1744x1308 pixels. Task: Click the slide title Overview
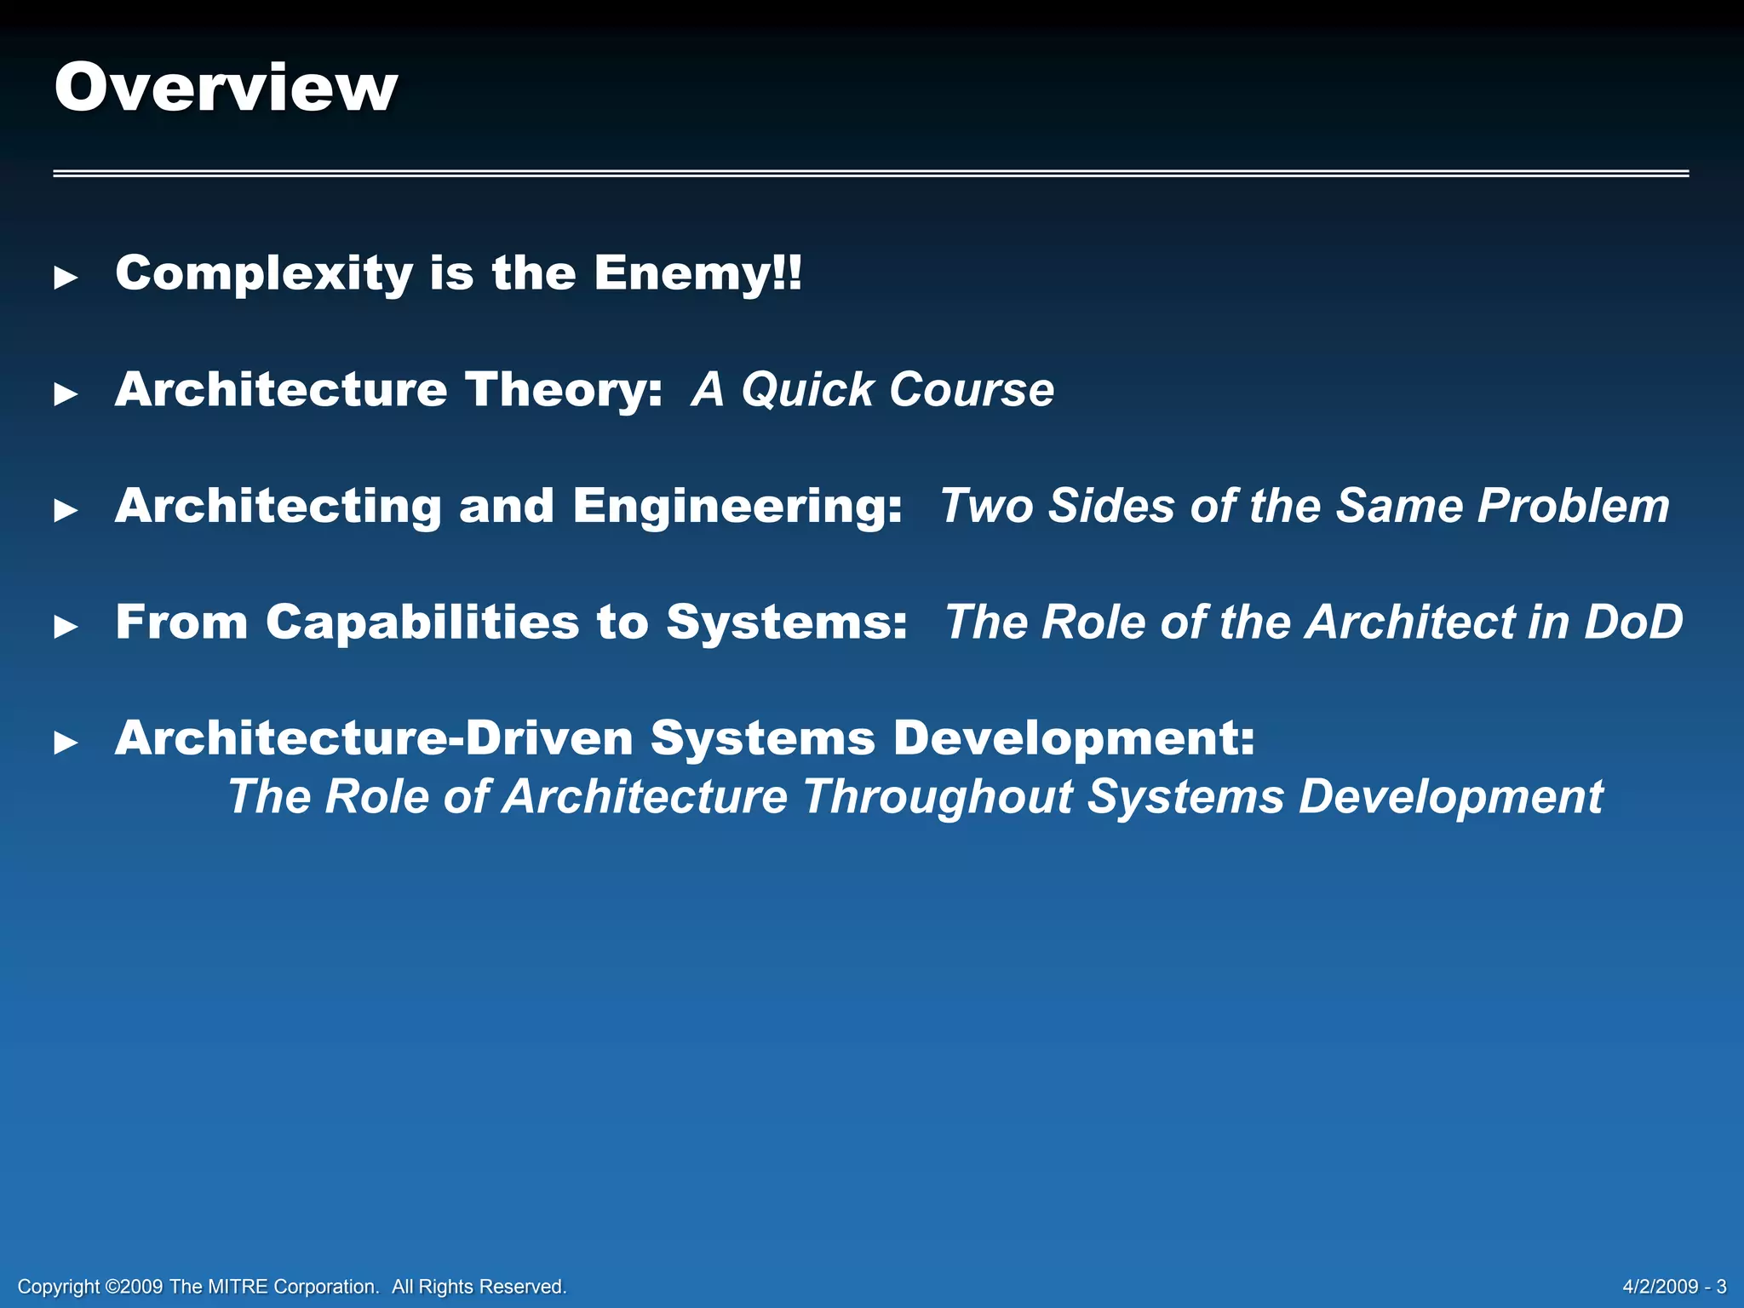click(x=226, y=88)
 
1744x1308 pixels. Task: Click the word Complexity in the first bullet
click(x=264, y=274)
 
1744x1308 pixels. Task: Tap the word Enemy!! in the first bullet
click(x=697, y=274)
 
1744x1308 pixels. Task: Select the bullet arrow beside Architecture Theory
click(x=66, y=394)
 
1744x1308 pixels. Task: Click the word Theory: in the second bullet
click(x=564, y=390)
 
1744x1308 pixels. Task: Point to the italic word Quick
click(x=806, y=391)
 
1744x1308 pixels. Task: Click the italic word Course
click(x=971, y=391)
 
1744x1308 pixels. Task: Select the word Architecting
click(x=278, y=507)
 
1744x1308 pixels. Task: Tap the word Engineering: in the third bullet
click(x=737, y=507)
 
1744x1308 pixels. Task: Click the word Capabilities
click(x=422, y=622)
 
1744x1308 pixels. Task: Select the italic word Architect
click(x=1411, y=622)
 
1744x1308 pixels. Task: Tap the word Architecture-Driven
click(x=374, y=738)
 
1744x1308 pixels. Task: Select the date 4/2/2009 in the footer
click(x=1660, y=1287)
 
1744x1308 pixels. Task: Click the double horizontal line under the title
click(x=870, y=173)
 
